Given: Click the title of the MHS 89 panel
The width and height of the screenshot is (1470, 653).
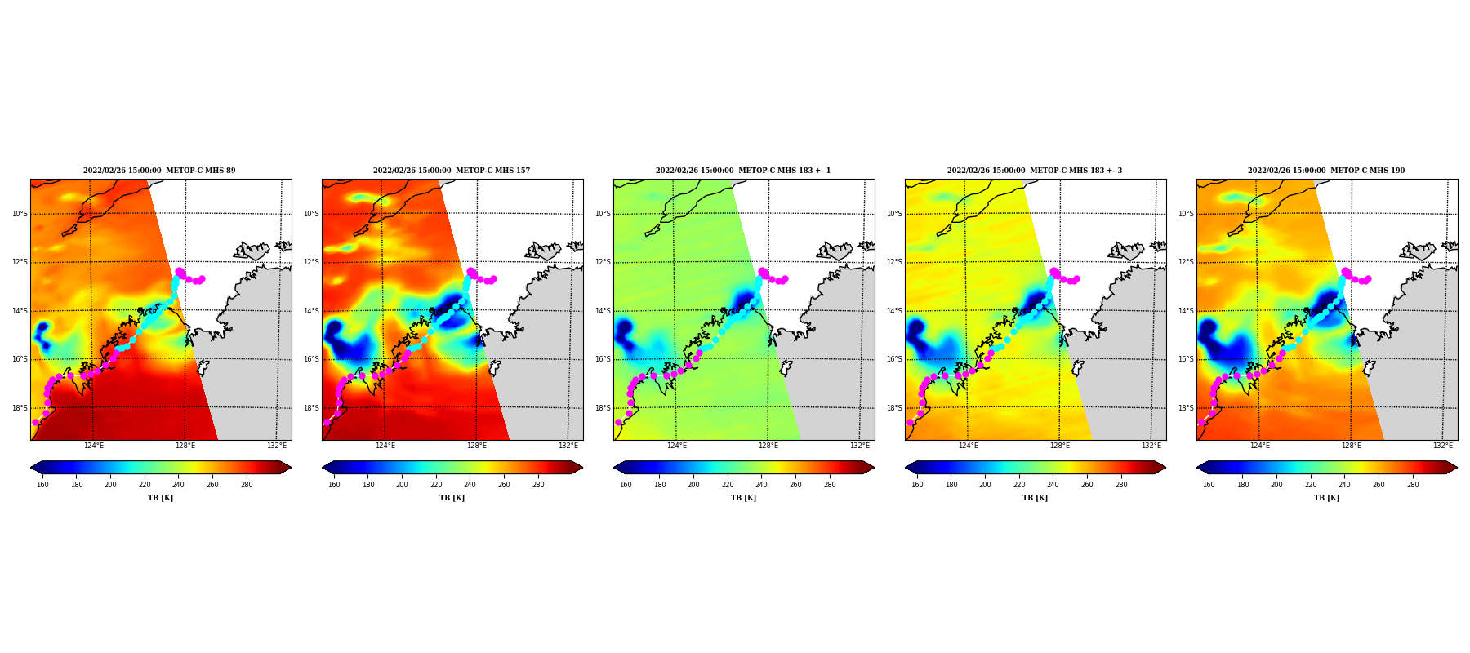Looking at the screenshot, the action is tap(159, 171).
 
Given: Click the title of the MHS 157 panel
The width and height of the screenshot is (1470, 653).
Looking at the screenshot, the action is tap(452, 171).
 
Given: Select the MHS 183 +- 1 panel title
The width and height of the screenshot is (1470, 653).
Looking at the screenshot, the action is tap(743, 171).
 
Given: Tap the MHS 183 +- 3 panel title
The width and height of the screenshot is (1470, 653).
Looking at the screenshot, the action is tap(1035, 171).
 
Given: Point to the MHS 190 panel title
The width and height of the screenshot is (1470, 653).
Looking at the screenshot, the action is tap(1326, 171).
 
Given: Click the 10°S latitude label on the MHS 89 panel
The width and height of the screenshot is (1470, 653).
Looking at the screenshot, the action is tap(20, 214).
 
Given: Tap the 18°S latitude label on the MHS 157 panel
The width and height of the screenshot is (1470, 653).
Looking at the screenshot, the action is tap(311, 408).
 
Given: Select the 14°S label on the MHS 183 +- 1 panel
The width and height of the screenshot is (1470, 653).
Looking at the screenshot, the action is tap(603, 311).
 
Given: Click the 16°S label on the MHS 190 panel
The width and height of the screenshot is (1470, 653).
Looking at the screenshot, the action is tap(1186, 359).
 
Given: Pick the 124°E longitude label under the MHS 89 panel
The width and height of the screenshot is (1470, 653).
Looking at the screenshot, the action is tap(94, 446).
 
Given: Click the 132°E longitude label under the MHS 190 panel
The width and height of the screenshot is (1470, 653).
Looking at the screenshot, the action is tap(1443, 446).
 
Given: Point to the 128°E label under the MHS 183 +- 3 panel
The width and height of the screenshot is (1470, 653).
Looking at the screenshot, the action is tap(1060, 446).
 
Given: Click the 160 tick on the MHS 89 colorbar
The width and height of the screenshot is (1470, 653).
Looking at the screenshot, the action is tap(42, 485).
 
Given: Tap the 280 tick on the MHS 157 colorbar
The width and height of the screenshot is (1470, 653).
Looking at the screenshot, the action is tap(538, 485).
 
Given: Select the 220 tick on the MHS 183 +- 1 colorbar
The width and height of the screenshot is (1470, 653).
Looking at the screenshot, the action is tap(728, 485).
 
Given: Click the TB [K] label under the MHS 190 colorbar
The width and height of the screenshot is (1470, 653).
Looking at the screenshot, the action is tap(1326, 498).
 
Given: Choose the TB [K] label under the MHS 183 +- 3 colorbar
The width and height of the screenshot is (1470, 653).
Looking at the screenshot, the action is tap(1035, 498).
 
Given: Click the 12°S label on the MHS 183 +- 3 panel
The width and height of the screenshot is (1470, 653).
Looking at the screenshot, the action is tap(894, 262).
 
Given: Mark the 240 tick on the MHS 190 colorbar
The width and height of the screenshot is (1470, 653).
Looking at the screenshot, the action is tap(1344, 485).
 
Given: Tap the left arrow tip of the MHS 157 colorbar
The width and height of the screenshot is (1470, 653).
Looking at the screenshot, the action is tap(323, 468).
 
